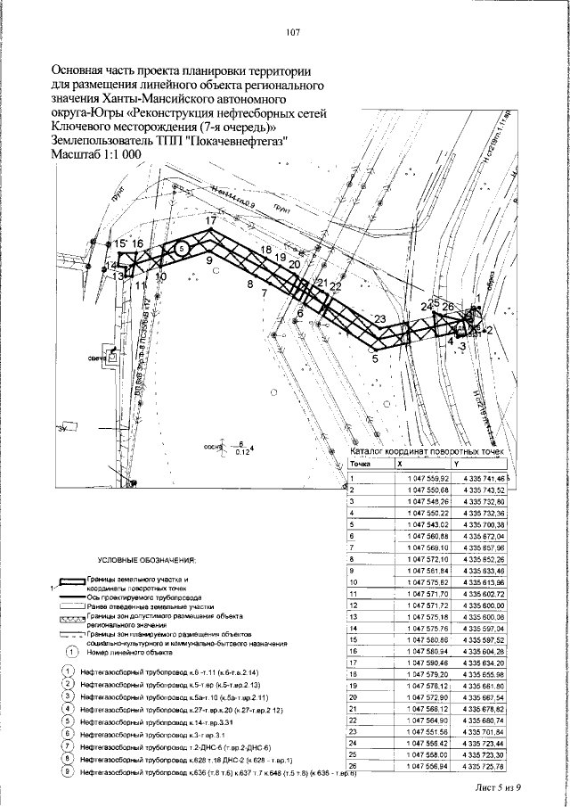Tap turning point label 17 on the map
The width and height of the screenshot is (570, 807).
click(x=210, y=219)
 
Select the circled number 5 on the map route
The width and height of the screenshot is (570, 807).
click(x=181, y=250)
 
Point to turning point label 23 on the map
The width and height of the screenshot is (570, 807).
click(x=380, y=319)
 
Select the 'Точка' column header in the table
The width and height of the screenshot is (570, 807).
click(x=360, y=465)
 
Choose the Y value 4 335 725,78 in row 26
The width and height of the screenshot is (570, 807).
click(x=484, y=765)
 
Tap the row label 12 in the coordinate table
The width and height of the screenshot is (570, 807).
click(x=354, y=605)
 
